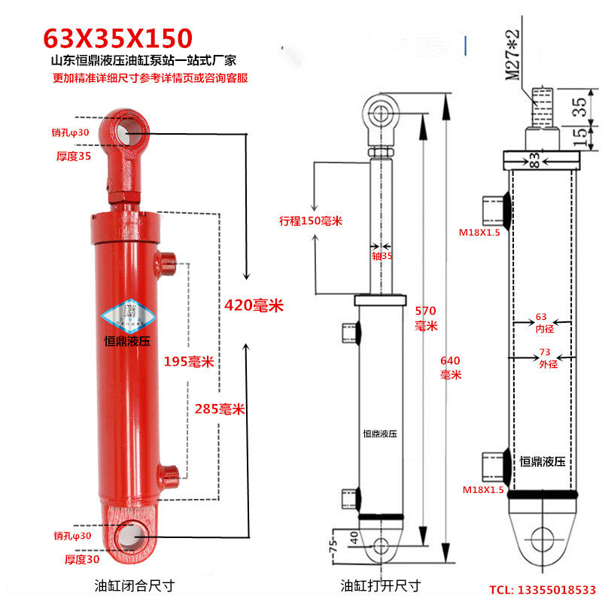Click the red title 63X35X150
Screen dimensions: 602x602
pos(117,38)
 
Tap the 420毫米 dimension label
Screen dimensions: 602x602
pos(254,306)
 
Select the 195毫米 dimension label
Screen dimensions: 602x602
pos(189,361)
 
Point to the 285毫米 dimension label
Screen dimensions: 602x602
pos(220,409)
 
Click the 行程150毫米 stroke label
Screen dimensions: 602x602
pos(311,220)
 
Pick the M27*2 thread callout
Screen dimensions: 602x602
pos(512,55)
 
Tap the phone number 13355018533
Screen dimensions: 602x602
pos(557,590)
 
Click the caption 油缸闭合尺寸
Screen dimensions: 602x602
pos(135,585)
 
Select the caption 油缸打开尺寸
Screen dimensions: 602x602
pos(381,585)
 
